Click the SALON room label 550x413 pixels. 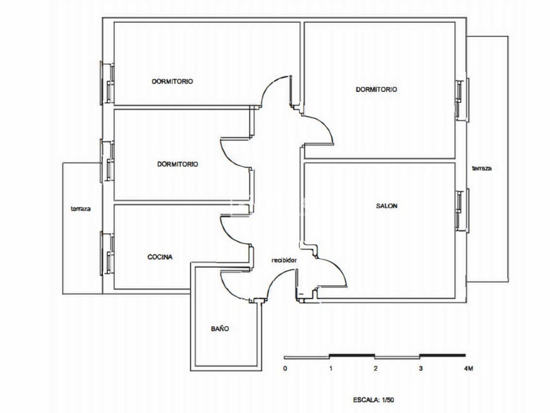point(387,206)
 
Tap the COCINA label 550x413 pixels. point(160,257)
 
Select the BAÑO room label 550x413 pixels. point(220,329)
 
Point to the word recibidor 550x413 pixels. point(284,260)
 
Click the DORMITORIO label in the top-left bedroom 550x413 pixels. point(172,81)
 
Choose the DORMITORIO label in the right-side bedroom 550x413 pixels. point(376,89)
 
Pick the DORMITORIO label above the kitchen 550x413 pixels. point(177,164)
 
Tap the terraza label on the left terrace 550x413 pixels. point(81,209)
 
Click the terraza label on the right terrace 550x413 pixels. point(482,168)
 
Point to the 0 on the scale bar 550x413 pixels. point(285,369)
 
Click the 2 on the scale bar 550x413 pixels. point(376,369)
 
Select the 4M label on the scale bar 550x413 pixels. point(468,369)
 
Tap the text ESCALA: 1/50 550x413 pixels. point(373,400)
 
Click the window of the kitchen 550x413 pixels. point(107,253)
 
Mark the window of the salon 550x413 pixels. point(462,211)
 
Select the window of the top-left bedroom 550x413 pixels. point(107,83)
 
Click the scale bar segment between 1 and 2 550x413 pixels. point(352,355)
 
